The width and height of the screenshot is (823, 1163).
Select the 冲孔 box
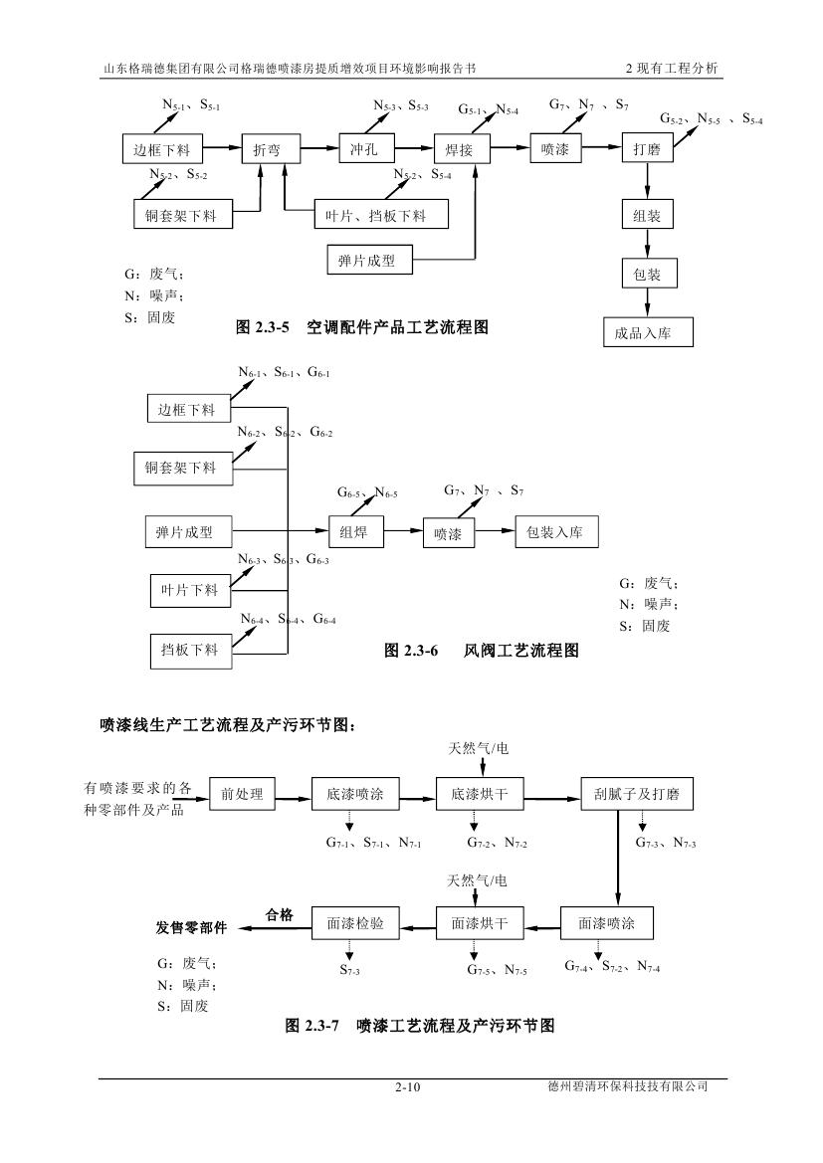(359, 150)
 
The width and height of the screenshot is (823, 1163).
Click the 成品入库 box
(647, 332)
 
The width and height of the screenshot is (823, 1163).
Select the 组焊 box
(355, 532)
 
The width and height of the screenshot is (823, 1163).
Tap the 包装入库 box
(555, 532)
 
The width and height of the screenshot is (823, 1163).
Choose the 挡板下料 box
(189, 651)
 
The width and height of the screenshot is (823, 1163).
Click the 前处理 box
(241, 794)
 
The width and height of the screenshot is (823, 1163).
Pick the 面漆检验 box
(355, 923)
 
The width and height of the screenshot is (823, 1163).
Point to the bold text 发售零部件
(191, 927)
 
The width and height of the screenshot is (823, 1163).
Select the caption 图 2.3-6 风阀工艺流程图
(481, 652)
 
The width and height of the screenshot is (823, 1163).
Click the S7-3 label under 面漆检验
(349, 969)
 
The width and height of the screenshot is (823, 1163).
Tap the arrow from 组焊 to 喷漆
(402, 532)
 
